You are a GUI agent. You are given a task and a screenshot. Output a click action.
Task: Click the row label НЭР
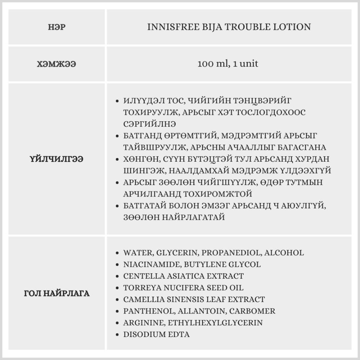click(57, 27)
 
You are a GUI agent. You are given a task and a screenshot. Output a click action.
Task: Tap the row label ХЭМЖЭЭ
click(57, 64)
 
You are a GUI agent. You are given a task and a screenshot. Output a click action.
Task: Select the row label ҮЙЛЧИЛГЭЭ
click(57, 159)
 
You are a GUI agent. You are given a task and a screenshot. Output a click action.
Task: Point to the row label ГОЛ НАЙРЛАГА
click(57, 293)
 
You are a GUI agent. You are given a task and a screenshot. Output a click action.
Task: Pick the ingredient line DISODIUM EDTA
click(156, 334)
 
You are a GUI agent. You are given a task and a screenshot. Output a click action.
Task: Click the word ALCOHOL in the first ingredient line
click(284, 253)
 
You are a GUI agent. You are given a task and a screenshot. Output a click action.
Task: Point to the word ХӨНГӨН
click(141, 159)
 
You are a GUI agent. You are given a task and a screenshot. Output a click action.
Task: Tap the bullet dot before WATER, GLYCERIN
click(117, 253)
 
